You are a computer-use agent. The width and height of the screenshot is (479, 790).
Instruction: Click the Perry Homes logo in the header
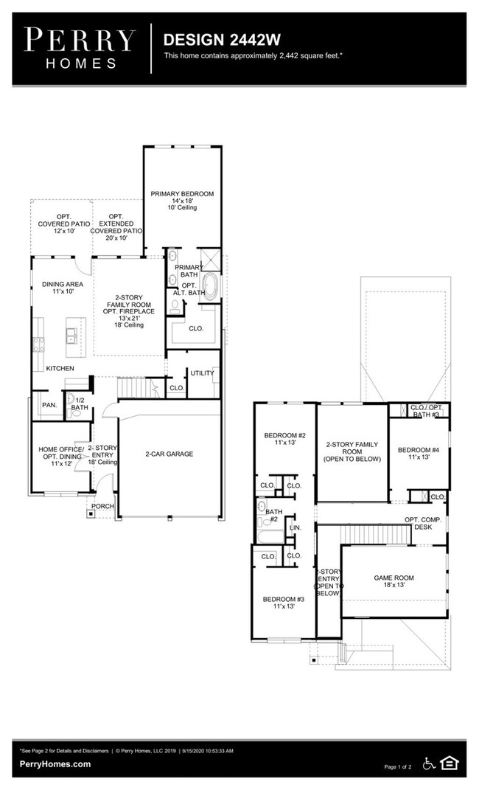80,47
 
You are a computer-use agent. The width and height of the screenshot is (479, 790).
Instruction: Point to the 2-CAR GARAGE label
169,454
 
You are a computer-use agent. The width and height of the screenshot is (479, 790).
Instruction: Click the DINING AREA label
62,288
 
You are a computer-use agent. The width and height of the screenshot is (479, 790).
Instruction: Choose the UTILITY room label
202,373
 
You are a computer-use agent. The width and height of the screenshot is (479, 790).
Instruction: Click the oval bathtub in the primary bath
210,286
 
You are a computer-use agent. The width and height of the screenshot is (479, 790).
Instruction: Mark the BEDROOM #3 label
283,603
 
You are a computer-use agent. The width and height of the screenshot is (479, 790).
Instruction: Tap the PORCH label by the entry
102,507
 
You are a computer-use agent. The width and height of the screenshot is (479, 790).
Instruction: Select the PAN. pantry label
49,405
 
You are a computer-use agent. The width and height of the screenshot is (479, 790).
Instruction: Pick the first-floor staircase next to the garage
136,387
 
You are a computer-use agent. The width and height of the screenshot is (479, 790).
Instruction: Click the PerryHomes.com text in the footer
55,764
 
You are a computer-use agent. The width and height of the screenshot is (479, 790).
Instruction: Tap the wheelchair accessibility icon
430,763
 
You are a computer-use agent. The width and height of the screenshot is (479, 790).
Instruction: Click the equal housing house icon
449,763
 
